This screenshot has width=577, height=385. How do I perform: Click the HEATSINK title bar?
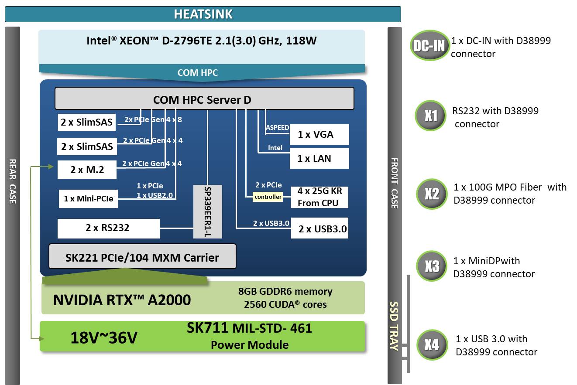(x=203, y=14)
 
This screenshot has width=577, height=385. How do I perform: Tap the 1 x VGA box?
(x=319, y=134)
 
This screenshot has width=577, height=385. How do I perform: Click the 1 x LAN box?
(x=319, y=158)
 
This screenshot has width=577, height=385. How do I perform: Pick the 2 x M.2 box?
(x=87, y=170)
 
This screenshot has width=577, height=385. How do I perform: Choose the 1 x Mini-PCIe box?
(x=88, y=199)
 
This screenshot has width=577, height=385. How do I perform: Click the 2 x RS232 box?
(x=108, y=228)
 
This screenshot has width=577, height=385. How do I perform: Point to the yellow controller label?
(x=268, y=197)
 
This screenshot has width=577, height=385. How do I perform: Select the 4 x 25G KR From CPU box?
(x=319, y=197)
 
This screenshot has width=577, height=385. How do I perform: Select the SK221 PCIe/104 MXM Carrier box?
(x=142, y=257)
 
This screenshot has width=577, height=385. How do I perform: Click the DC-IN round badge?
(x=429, y=45)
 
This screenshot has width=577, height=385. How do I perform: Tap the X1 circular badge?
(x=431, y=116)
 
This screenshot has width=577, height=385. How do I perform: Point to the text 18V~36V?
(x=103, y=337)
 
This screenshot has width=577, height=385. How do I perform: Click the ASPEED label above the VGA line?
(x=277, y=128)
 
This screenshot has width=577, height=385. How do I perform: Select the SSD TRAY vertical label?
(x=394, y=326)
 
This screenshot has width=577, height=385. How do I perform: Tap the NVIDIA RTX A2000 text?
(x=122, y=300)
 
